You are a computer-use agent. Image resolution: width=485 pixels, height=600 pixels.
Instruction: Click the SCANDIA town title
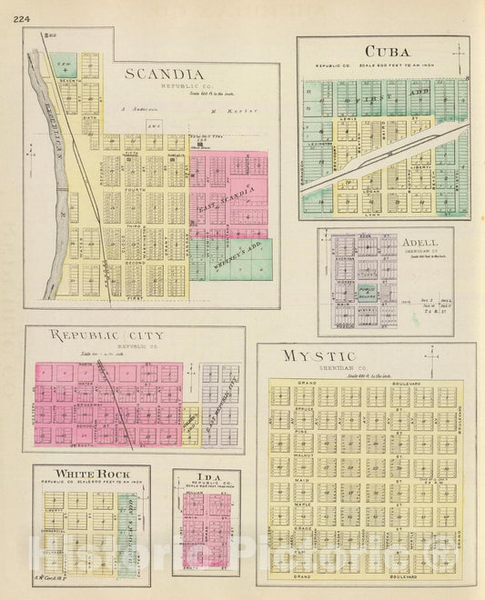pyautogui.click(x=164, y=73)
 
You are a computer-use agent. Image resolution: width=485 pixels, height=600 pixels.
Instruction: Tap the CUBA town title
pyautogui.click(x=386, y=52)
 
